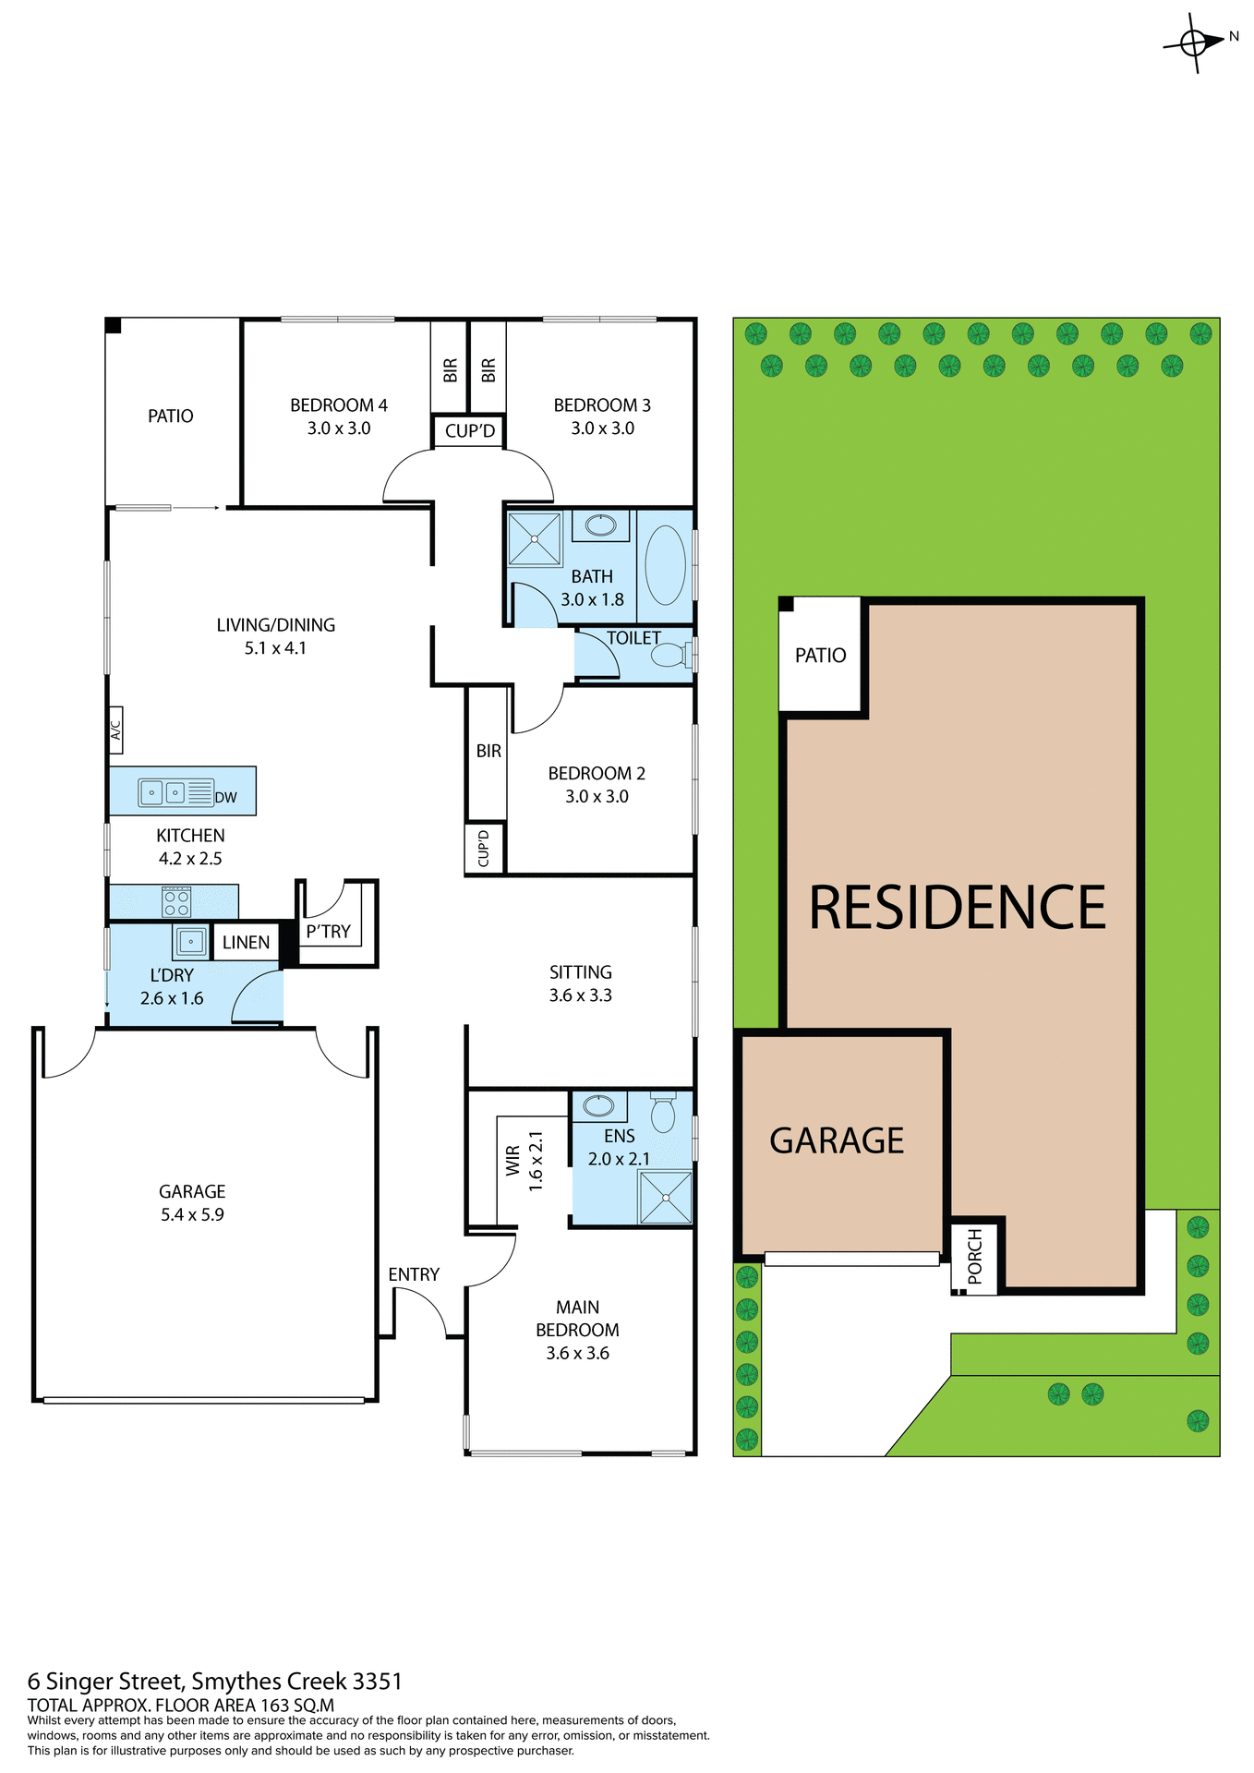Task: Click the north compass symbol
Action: [x=1194, y=42]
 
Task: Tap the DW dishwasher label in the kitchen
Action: [x=225, y=798]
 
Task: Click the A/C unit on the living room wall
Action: [x=116, y=730]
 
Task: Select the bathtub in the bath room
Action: [x=665, y=565]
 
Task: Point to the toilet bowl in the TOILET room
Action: [x=667, y=656]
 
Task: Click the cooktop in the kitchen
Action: [x=176, y=902]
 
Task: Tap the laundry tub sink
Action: [x=191, y=942]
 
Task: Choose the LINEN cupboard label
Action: [x=246, y=943]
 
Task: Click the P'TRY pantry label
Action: [x=328, y=932]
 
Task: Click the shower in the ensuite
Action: [x=665, y=1197]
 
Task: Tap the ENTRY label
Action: [x=414, y=1274]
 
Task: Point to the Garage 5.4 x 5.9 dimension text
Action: [x=192, y=1215]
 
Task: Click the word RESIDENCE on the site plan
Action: [x=958, y=908]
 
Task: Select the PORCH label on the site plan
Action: [x=975, y=1257]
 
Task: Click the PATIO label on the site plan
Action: [x=820, y=656]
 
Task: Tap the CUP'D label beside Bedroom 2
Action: [x=484, y=848]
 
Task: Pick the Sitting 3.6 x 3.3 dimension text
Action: [x=581, y=995]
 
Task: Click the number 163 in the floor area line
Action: [x=276, y=1706]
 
